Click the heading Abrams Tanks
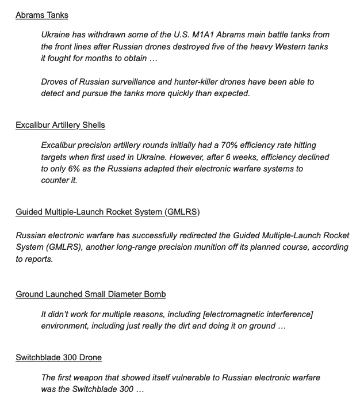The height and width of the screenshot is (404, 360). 41,16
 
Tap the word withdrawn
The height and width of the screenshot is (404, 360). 109,35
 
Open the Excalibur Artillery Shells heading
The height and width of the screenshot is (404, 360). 60,125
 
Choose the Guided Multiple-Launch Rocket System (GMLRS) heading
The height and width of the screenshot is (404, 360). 108,212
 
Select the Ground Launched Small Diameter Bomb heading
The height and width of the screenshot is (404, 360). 91,294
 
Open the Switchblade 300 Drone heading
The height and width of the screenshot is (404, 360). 59,357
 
